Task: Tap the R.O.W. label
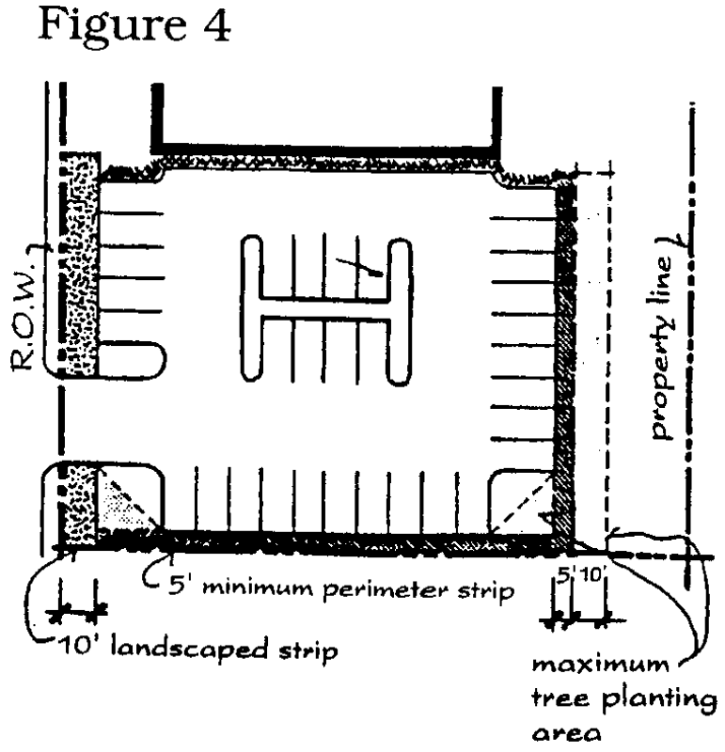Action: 23,316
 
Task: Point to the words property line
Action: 661,348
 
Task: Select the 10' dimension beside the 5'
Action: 591,574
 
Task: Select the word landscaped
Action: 189,649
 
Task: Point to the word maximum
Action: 600,666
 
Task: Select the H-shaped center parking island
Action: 326,309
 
